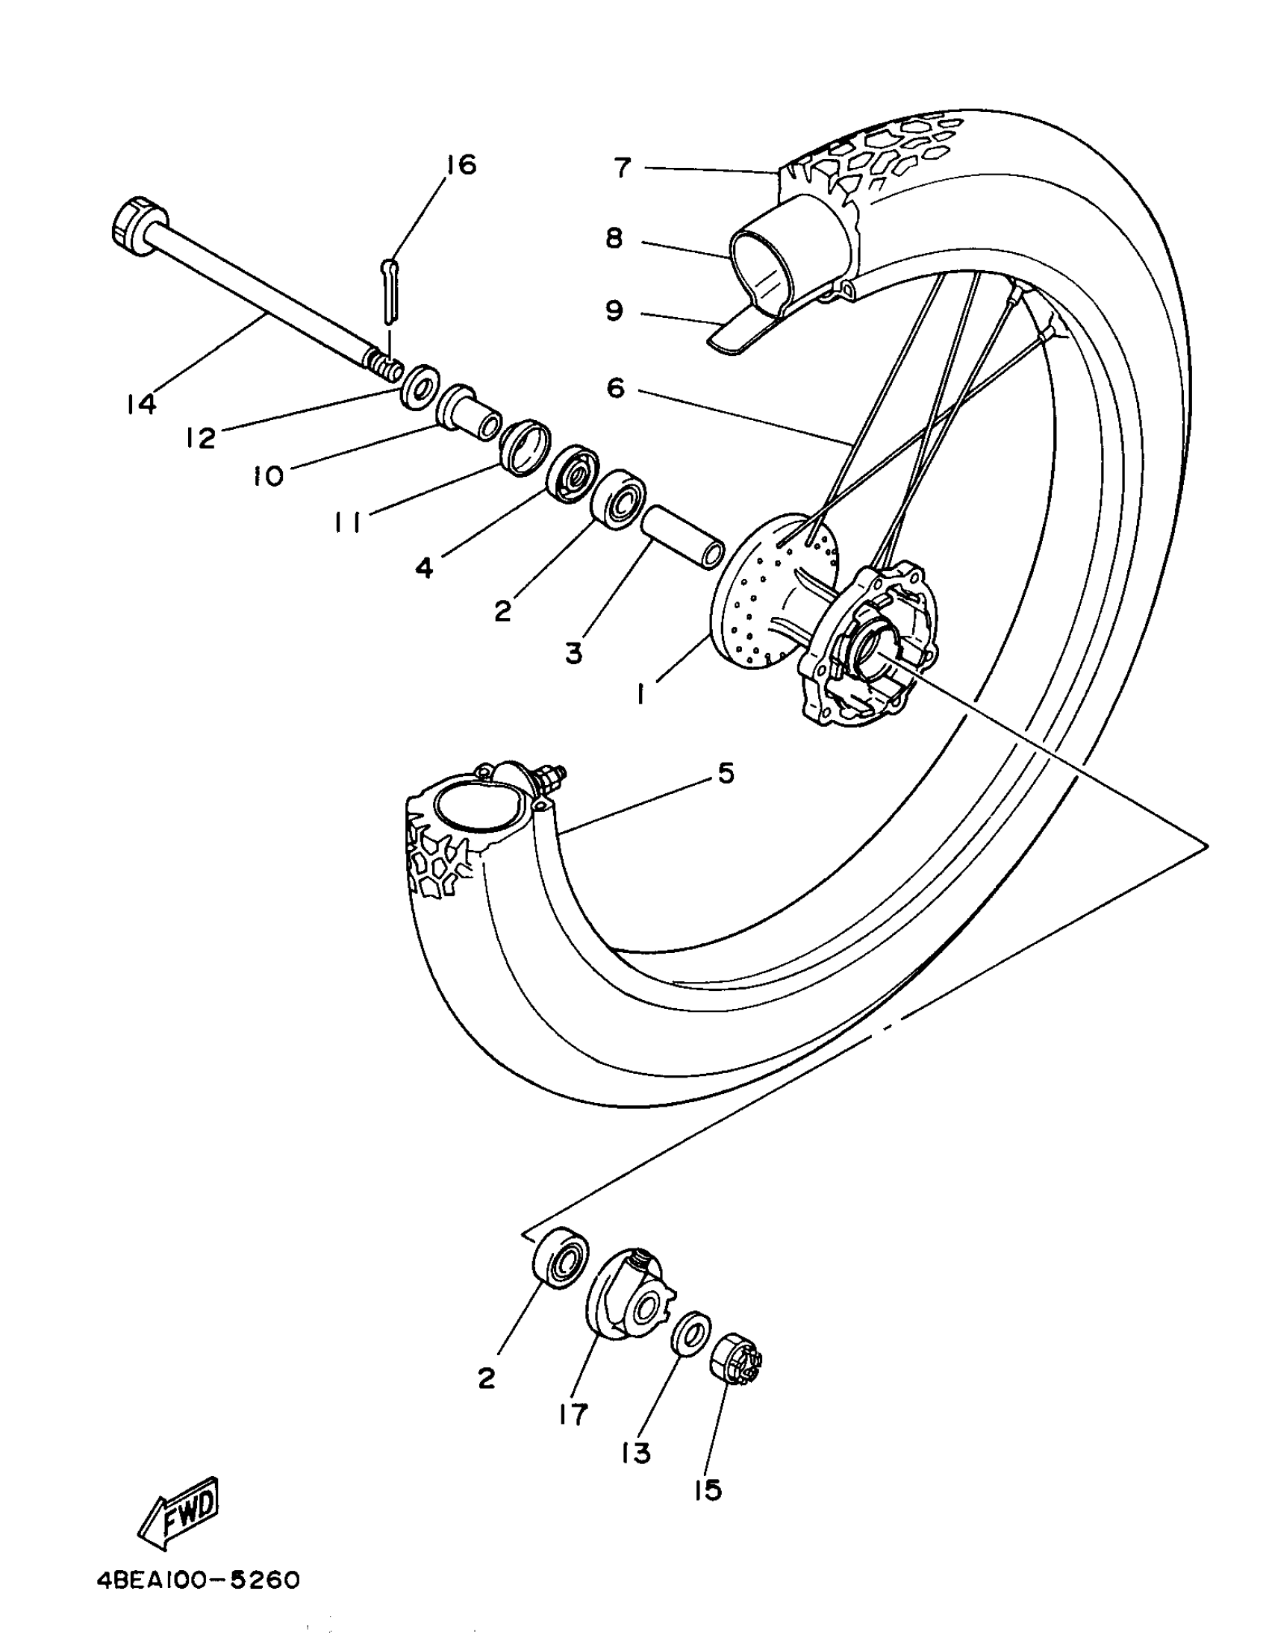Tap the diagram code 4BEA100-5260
(199, 1581)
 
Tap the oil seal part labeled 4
(570, 472)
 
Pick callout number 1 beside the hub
(641, 694)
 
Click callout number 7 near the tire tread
(623, 168)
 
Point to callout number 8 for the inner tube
(614, 240)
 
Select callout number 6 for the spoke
(614, 388)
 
